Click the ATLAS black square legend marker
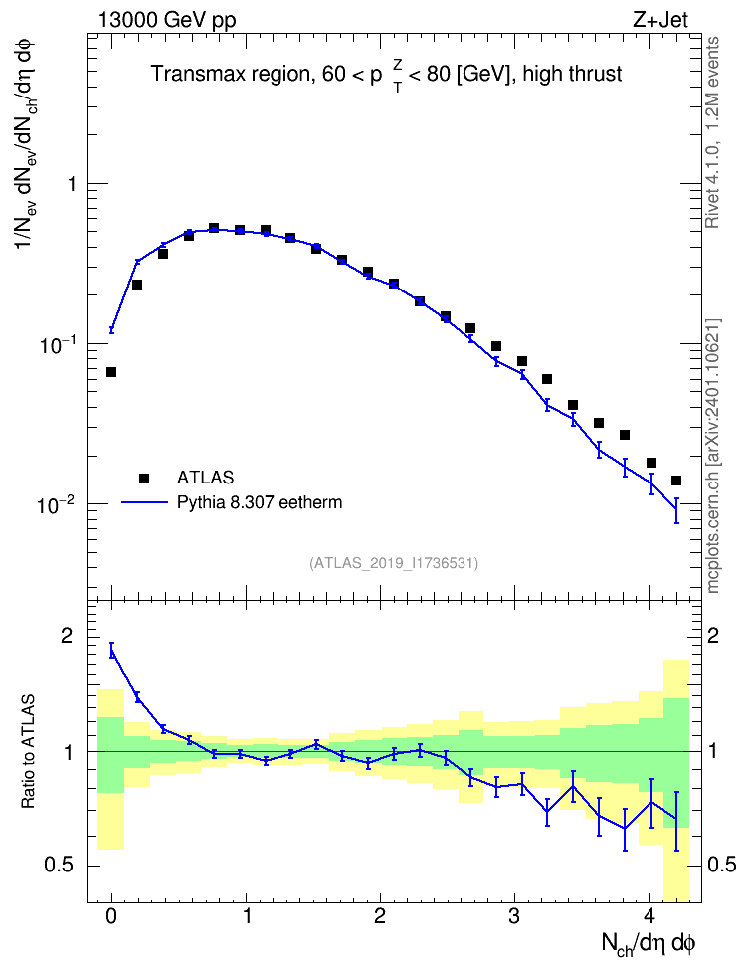point(144,478)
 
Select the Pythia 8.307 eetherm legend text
point(259,502)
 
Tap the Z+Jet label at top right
point(660,20)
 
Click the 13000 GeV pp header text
point(167,20)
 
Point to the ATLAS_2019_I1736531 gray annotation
point(394,563)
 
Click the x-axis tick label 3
point(514,916)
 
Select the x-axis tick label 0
point(111,916)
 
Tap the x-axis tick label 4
point(649,916)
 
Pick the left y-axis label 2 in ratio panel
point(66,636)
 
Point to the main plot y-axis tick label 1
point(70,184)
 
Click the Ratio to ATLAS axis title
point(28,752)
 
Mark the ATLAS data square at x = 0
point(111,372)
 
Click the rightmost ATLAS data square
point(676,481)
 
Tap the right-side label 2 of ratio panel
point(713,636)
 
